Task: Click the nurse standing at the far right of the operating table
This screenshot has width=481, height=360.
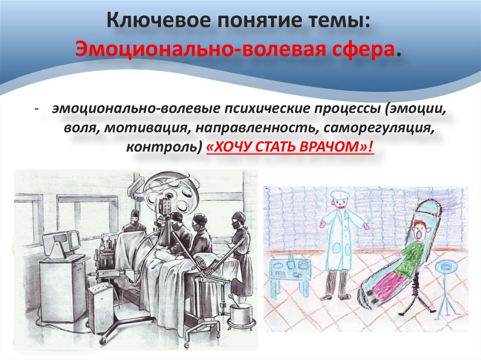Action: coord(240,253)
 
